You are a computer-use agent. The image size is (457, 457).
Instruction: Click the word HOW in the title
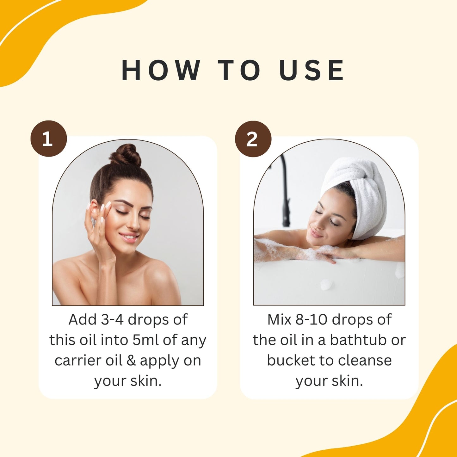pos(161,70)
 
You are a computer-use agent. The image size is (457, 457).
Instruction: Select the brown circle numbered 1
pos(49,139)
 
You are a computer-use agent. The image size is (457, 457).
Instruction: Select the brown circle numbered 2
pos(253,139)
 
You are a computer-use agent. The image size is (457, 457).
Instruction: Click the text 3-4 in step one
pos(112,319)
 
